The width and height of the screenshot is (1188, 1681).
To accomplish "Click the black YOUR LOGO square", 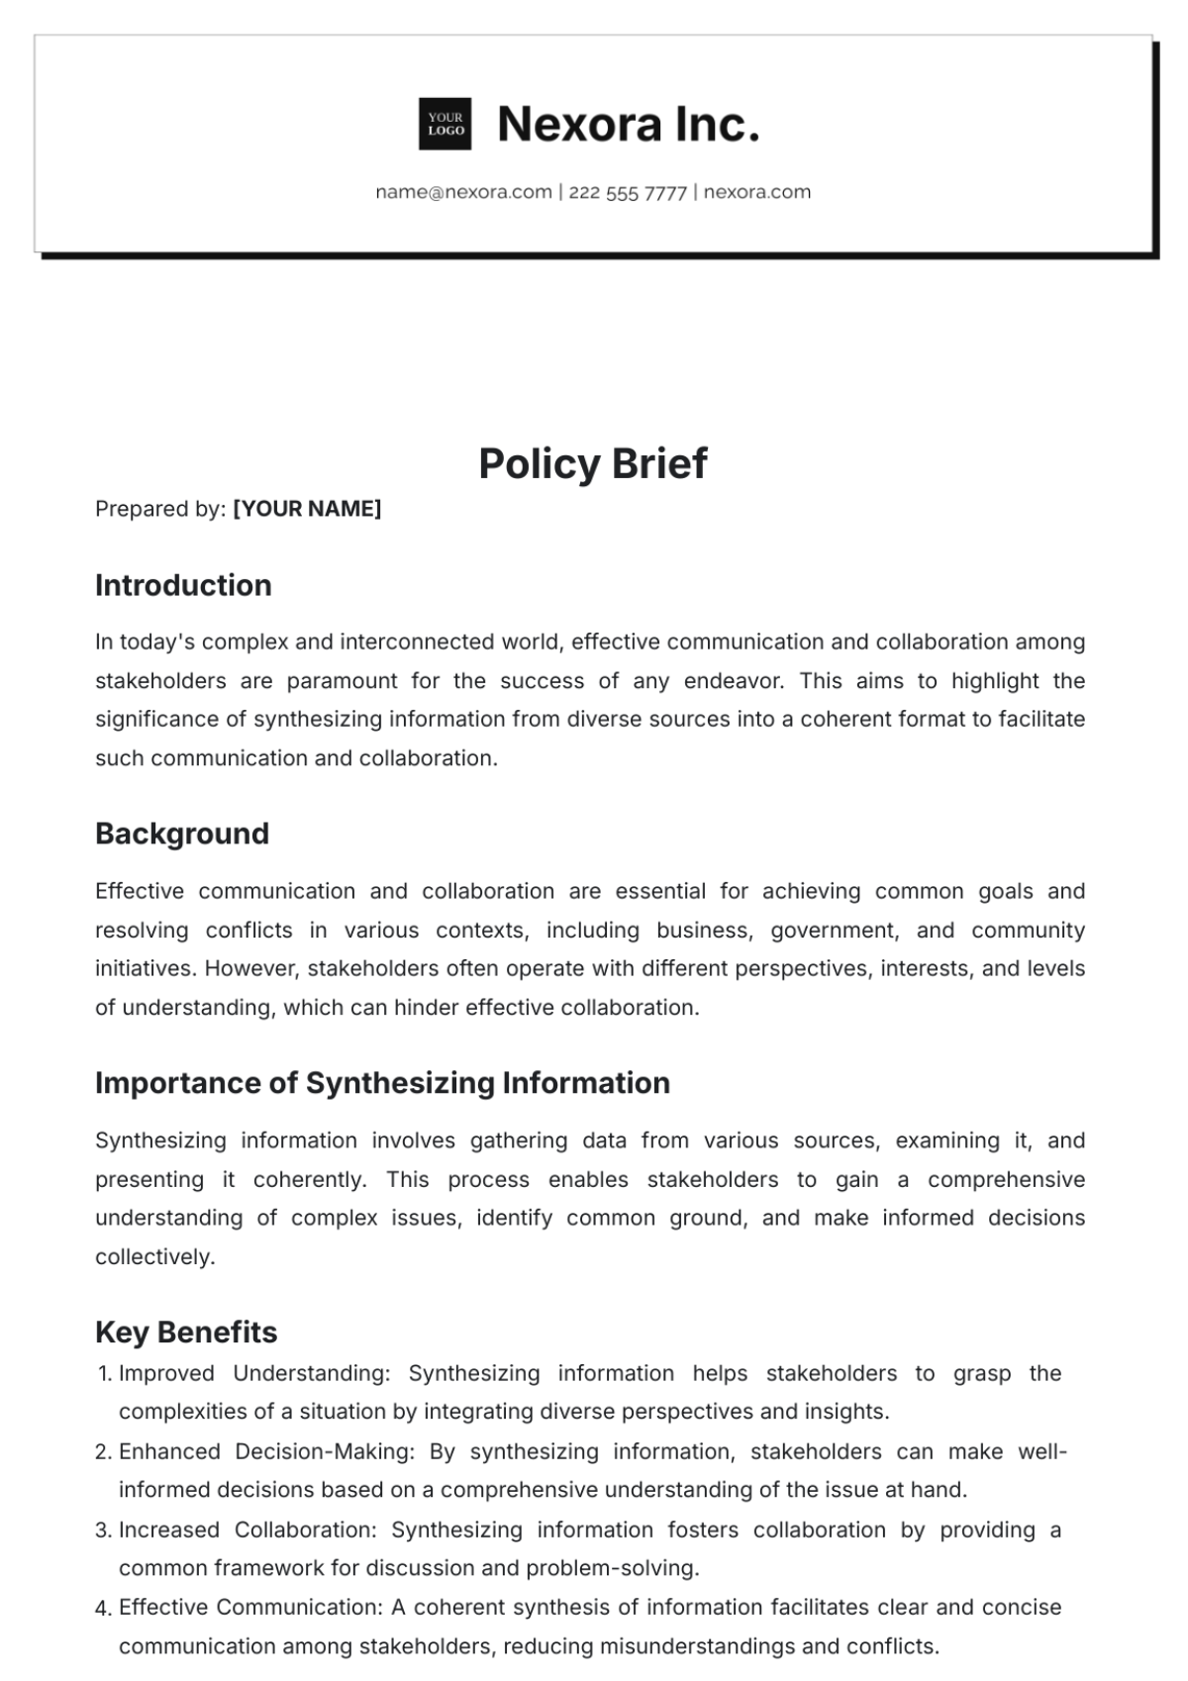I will pyautogui.click(x=445, y=124).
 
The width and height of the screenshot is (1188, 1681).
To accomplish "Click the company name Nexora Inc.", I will pyautogui.click(x=629, y=125).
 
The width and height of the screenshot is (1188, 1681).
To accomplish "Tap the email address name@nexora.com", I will pyautogui.click(x=463, y=192).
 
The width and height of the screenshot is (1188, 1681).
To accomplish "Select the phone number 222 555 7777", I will pyautogui.click(x=628, y=193).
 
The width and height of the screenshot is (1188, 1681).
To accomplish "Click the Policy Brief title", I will pyautogui.click(x=593, y=463).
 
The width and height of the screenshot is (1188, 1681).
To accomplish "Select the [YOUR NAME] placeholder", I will pyautogui.click(x=307, y=509).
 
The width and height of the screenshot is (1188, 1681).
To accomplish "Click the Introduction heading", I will pyautogui.click(x=183, y=585).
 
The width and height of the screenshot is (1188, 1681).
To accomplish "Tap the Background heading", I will pyautogui.click(x=182, y=834).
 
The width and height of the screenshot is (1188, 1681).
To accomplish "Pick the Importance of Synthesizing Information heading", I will pyautogui.click(x=382, y=1083).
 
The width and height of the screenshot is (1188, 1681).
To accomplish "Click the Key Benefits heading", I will pyautogui.click(x=186, y=1332).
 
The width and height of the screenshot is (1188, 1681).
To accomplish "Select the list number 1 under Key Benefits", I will pyautogui.click(x=104, y=1374).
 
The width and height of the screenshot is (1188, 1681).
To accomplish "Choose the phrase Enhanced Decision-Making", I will pyautogui.click(x=266, y=1451).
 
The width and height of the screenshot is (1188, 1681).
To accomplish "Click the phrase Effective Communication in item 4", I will pyautogui.click(x=249, y=1608).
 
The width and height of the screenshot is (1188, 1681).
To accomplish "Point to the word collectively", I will pyautogui.click(x=154, y=1257).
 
